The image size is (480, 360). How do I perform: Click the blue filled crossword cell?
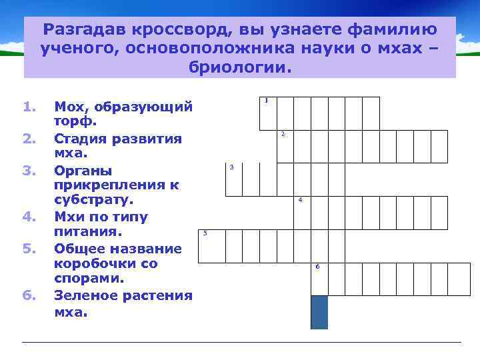tap(319, 312)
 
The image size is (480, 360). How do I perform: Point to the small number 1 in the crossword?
tap(266, 101)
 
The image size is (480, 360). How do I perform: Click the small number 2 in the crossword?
tap(283, 135)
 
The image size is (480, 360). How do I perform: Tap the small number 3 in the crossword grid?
tap(231, 167)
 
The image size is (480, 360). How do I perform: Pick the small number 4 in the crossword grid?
tap(301, 200)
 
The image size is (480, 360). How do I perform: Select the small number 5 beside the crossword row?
tap(205, 233)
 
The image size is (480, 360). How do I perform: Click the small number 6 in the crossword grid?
tap(317, 267)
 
